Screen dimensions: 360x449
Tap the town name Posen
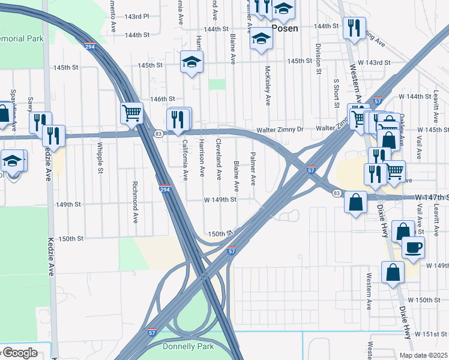pos(285,28)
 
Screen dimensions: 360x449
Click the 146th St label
pos(162,99)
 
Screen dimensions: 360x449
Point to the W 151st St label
pos(432,334)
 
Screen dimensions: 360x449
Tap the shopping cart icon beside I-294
pos(131,112)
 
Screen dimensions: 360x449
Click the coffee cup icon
pos(412,247)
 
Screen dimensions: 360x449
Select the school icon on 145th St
pos(192,62)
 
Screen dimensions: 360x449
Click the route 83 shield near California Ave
pos(158,133)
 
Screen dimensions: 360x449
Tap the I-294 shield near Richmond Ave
pos(164,190)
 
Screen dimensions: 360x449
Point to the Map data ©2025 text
pos(423,355)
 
